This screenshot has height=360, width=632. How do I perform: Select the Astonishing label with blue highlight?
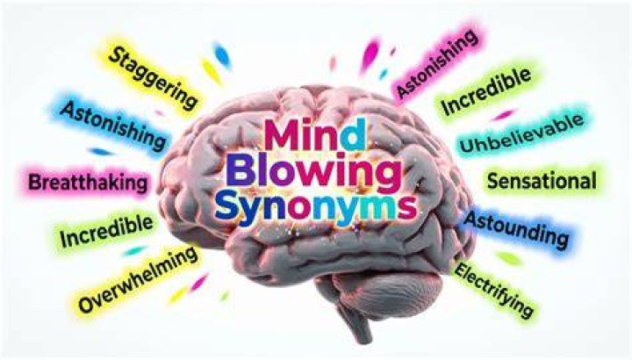point(113,125)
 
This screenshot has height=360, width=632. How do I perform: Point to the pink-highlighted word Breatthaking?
point(89,183)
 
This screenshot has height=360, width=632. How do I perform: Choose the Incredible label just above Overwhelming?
point(106,231)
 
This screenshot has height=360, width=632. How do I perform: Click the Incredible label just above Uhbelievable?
point(486,91)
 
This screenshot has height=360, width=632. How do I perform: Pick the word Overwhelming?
point(138,279)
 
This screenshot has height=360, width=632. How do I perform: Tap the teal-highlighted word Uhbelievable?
point(521,133)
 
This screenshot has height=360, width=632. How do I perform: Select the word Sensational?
point(542,181)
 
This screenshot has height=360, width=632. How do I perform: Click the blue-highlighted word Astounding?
point(516,230)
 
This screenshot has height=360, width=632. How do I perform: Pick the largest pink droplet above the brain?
point(370,55)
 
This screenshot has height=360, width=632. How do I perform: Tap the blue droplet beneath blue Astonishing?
point(101,152)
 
